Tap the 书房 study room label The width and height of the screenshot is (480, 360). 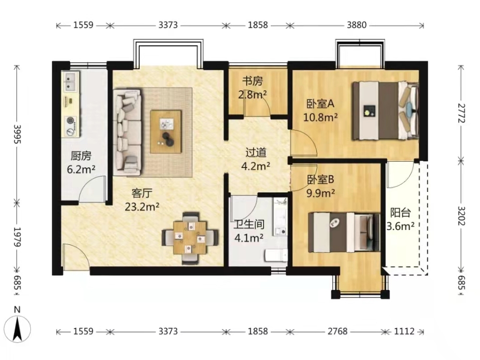[x=252, y=81]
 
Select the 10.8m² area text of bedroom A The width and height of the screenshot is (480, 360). [x=321, y=117]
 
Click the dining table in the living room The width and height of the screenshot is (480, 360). [x=190, y=238]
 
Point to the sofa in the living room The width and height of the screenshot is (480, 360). [x=127, y=132]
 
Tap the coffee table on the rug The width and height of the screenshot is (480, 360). [x=166, y=132]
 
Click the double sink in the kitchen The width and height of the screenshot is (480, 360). [x=71, y=82]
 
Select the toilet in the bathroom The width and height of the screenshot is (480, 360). [x=276, y=255]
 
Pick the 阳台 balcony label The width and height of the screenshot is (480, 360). [x=400, y=212]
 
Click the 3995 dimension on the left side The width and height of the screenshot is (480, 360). [x=17, y=134]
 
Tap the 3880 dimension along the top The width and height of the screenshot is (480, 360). [x=357, y=25]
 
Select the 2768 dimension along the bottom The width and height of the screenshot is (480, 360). [x=337, y=331]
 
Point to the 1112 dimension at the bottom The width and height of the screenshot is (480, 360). [x=404, y=331]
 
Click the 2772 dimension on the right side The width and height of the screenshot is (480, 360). [x=462, y=113]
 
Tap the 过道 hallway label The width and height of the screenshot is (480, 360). [x=256, y=153]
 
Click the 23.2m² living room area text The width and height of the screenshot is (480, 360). [x=142, y=207]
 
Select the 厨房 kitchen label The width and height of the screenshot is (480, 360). [x=81, y=156]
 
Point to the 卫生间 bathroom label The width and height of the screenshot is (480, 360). [x=249, y=224]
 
